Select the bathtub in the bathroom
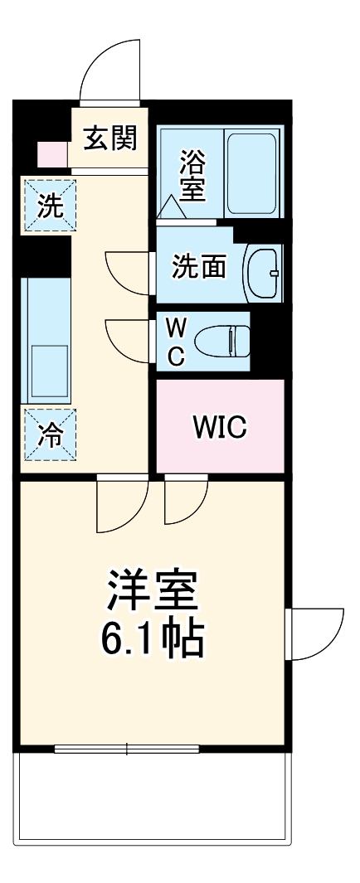click(x=252, y=172)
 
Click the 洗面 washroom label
click(x=198, y=268)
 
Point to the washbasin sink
click(x=265, y=269)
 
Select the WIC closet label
click(x=219, y=426)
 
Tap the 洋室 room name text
click(x=153, y=590)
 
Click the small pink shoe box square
click(x=50, y=153)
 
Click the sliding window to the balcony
click(x=126, y=750)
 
